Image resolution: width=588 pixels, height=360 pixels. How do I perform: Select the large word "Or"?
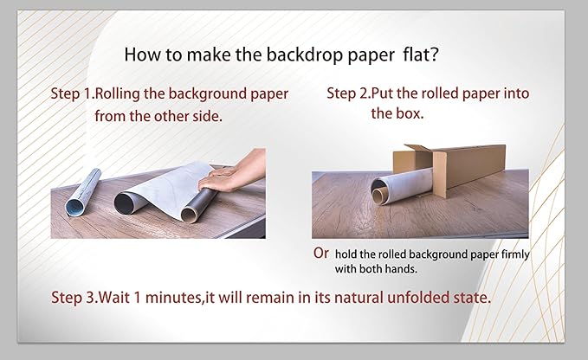pos(321,253)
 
